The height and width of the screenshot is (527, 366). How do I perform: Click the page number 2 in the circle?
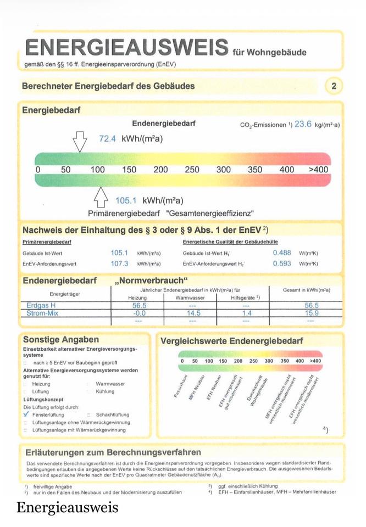click(x=334, y=86)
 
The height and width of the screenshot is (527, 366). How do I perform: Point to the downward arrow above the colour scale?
click(x=80, y=141)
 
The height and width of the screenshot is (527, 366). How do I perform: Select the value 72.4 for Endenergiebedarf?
click(x=107, y=139)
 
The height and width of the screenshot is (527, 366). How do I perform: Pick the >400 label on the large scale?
click(x=318, y=170)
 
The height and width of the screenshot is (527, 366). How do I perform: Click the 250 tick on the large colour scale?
click(x=192, y=170)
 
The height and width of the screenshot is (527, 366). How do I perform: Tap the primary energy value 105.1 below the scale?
click(x=126, y=200)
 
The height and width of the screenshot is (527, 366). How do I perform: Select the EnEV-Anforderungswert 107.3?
click(x=119, y=263)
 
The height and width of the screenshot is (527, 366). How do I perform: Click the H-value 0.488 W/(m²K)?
click(x=282, y=253)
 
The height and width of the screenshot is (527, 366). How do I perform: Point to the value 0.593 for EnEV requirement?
click(x=282, y=263)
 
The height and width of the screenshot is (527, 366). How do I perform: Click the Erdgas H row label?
click(x=41, y=305)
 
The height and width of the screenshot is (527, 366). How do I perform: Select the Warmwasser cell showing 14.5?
click(x=193, y=313)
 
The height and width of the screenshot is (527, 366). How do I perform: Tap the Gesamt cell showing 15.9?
click(x=311, y=313)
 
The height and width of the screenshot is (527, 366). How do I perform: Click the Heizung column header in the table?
click(x=137, y=298)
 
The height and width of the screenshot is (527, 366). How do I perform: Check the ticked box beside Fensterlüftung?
click(x=26, y=415)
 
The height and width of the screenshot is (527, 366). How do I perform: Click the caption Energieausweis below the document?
click(x=67, y=507)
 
